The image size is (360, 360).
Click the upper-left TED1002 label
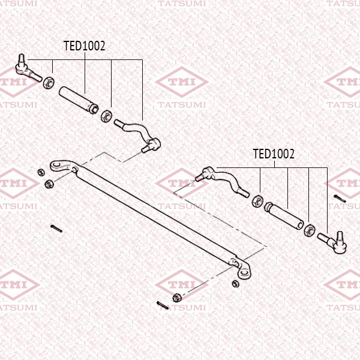click(x=84, y=46)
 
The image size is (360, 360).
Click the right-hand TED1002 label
click(x=274, y=154)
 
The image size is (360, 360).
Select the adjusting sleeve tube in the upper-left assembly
click(x=79, y=100)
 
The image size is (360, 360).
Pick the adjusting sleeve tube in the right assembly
click(x=284, y=215)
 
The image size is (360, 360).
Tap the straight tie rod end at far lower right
click(x=332, y=242)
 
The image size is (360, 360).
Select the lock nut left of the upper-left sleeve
click(x=49, y=83)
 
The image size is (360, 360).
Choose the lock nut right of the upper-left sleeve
click(x=107, y=116)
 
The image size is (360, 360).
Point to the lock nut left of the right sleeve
click(x=257, y=201)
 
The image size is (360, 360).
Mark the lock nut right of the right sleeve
click(x=309, y=230)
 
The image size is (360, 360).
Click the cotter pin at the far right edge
click(x=340, y=199)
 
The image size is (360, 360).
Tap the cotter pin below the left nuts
click(x=56, y=229)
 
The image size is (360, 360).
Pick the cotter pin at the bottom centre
click(x=163, y=305)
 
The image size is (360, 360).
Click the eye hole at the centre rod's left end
click(x=56, y=164)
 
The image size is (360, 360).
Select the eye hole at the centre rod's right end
click(x=245, y=273)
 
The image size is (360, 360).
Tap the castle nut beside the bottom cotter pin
click(x=177, y=298)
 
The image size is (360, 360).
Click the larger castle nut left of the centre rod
click(x=49, y=184)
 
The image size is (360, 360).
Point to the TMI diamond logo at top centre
click(x=182, y=82)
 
